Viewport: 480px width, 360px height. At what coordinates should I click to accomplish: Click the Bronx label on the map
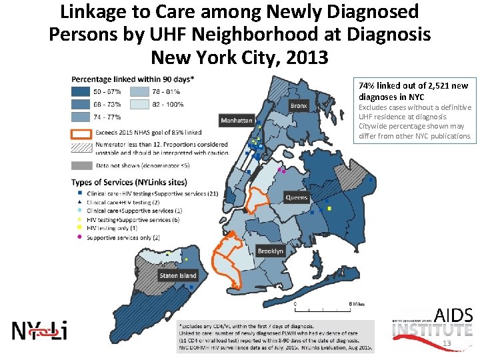point(299,106)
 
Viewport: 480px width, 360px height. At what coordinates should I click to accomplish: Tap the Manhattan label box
point(237,121)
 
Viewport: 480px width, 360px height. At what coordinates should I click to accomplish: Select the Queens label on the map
point(297,197)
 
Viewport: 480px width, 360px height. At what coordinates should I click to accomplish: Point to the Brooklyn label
point(271,251)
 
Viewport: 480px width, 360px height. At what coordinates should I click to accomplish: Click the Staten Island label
point(178,275)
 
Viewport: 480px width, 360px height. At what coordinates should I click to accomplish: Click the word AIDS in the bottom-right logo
point(453,315)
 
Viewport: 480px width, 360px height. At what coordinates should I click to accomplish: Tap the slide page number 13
point(447,344)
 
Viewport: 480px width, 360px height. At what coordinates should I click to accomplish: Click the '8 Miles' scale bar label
point(357,303)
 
